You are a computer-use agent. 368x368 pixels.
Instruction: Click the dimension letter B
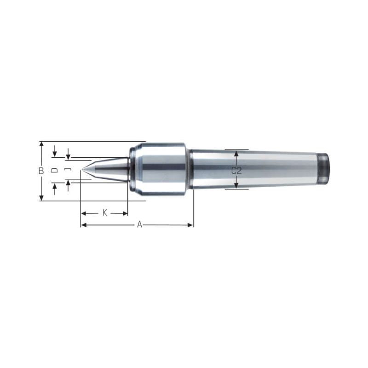click(41, 171)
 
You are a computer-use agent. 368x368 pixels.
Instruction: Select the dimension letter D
click(54, 170)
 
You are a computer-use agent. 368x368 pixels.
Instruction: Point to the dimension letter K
click(105, 213)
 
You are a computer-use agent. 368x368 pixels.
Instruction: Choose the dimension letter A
click(140, 224)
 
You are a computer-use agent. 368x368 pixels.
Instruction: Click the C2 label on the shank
click(236, 171)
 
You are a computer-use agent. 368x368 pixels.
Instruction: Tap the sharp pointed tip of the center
click(82, 169)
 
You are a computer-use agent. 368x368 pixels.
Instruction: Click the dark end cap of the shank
click(323, 168)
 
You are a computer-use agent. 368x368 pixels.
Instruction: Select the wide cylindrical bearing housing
click(159, 169)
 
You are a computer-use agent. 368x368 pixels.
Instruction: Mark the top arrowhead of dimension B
click(41, 144)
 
